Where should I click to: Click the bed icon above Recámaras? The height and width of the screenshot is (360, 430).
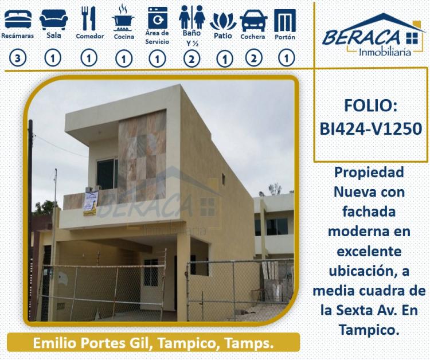coord(18,19)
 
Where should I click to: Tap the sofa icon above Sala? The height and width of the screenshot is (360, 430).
coord(54,19)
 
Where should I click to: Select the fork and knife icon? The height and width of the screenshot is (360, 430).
coord(88,18)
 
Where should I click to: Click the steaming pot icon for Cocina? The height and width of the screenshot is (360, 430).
coord(123,19)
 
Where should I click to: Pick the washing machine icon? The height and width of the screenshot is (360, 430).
coord(158,18)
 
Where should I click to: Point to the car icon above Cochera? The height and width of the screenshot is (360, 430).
coord(253,21)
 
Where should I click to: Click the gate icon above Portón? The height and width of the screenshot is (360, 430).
coord(285,21)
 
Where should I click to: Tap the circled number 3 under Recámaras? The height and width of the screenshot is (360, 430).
coord(18,58)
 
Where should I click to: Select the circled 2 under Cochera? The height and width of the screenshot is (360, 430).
coord(253,58)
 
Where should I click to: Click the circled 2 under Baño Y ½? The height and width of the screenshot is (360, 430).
coord(191,59)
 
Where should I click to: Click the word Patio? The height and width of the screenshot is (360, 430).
coord(223,36)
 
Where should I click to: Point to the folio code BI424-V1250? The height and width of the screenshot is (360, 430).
coord(371,128)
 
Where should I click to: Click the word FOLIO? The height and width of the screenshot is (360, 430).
coord(370,105)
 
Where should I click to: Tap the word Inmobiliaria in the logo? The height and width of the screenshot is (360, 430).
coord(385,52)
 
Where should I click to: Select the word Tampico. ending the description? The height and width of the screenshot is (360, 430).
coord(369,330)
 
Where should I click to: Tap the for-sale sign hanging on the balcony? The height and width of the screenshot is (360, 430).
coord(91,203)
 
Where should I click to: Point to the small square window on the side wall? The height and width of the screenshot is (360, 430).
coord(223,178)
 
